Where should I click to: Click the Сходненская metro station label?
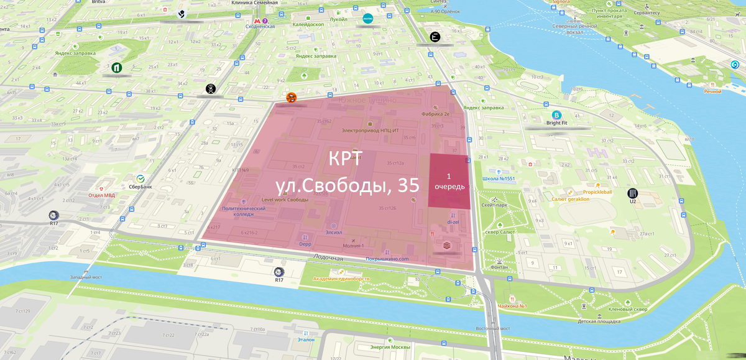click(260, 27)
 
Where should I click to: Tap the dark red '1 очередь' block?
click(449, 181)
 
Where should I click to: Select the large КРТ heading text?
click(346, 159)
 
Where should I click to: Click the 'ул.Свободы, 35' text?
click(348, 185)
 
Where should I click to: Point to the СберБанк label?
click(140, 187)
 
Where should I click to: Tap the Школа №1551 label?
click(499, 179)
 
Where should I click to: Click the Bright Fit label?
click(556, 123)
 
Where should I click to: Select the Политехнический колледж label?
click(243, 211)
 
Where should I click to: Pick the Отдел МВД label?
click(101, 195)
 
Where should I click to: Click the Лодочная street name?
click(328, 258)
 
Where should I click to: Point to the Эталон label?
click(306, 339)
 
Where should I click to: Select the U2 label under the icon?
click(633, 201)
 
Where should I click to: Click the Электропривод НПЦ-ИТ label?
click(371, 131)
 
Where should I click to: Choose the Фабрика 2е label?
click(435, 114)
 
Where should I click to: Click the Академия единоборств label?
click(341, 279)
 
